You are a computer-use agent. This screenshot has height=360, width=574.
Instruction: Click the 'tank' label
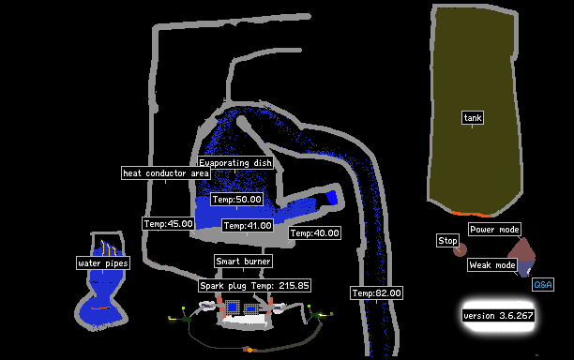tap(473, 118)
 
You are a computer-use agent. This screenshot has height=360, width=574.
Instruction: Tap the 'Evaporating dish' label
tap(235, 163)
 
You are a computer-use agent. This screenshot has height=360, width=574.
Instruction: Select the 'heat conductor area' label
tap(166, 173)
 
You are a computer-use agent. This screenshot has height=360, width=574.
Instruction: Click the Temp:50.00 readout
tap(237, 200)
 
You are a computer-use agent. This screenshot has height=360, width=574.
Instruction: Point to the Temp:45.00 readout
tap(169, 223)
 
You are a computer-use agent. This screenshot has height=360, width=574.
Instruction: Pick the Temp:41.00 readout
tap(248, 225)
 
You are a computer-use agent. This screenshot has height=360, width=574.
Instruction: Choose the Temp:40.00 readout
tap(315, 233)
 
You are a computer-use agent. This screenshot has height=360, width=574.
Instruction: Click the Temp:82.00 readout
tap(376, 293)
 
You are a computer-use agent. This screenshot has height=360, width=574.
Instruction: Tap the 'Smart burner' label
tap(243, 262)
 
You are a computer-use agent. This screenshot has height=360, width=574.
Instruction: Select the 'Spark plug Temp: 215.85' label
tap(254, 285)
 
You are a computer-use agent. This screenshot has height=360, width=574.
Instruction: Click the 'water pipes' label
tap(103, 263)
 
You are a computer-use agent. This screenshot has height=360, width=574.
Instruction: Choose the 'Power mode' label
tap(494, 230)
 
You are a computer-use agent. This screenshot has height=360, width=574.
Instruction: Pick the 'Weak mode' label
tap(492, 265)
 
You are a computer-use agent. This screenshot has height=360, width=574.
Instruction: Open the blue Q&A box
tap(543, 285)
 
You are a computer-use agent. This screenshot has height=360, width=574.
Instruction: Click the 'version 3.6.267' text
tap(498, 315)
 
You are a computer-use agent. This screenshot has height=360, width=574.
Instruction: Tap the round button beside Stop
tap(461, 250)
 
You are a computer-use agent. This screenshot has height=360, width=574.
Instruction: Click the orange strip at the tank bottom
tap(472, 214)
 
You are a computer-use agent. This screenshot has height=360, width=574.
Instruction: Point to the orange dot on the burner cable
tap(249, 350)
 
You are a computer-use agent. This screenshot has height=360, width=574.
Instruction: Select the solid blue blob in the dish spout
tap(332, 197)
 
